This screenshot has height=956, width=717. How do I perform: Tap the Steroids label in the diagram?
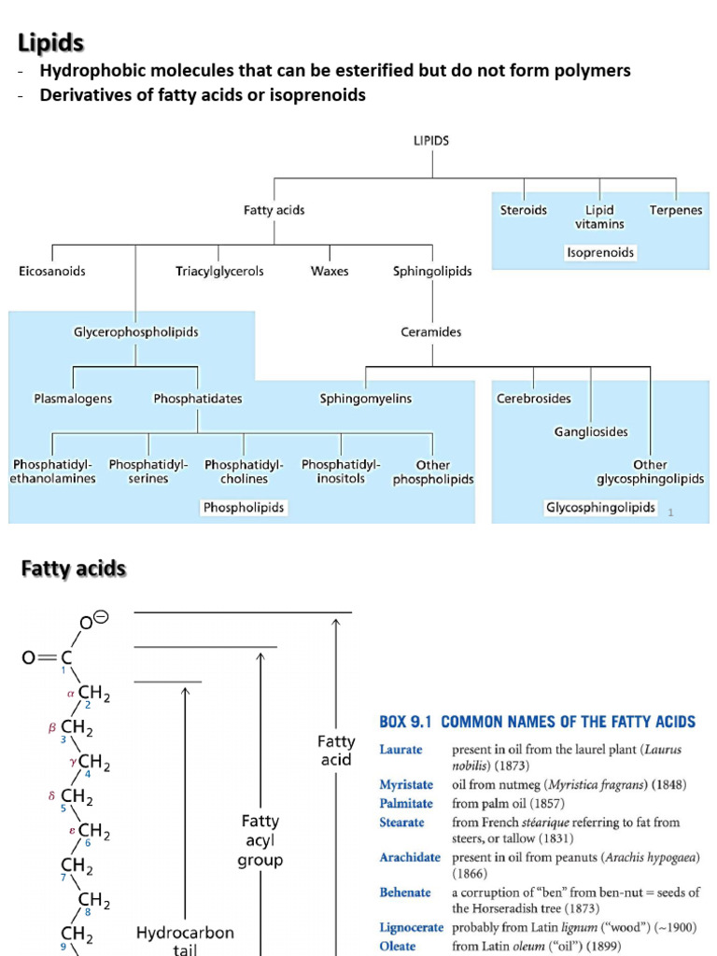click(x=524, y=211)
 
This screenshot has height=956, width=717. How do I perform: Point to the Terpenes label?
click(x=676, y=211)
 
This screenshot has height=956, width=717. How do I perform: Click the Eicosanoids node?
click(x=52, y=272)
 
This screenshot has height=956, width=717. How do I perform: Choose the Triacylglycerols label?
click(x=219, y=272)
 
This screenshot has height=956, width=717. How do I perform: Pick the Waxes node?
click(x=330, y=272)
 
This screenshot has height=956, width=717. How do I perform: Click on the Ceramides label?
click(x=432, y=332)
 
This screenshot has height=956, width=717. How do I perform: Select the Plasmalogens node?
click(x=73, y=399)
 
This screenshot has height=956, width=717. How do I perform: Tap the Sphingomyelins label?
click(x=365, y=399)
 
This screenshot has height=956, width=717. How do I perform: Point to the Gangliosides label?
click(x=591, y=432)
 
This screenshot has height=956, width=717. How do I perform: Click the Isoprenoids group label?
click(x=599, y=253)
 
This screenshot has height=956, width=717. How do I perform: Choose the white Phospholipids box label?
click(x=244, y=508)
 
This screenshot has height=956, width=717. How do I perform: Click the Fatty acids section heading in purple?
click(x=74, y=569)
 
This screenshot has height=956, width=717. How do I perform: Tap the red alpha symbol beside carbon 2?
click(x=70, y=694)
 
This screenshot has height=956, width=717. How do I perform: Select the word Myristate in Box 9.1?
click(x=406, y=785)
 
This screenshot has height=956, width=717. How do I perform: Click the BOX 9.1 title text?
click(x=537, y=722)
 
